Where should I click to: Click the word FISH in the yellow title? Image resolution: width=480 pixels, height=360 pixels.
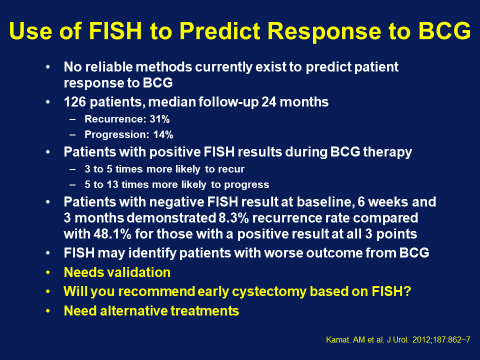coord(115,31)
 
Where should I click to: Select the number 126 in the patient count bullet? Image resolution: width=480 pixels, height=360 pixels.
coord(74,102)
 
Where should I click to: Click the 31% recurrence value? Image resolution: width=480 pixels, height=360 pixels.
coord(160,119)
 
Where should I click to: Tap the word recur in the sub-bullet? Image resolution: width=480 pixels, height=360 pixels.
coord(234,169)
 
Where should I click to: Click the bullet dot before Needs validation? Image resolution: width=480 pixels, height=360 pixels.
coord(48,272)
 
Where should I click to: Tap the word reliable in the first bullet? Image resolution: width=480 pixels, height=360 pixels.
coord(108,66)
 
